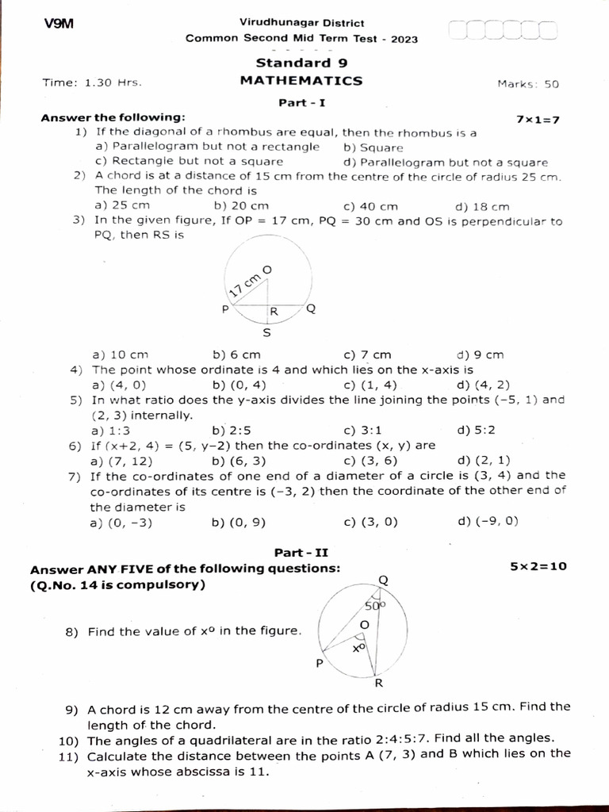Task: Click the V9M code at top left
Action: click(59, 24)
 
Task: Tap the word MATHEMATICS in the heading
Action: click(301, 80)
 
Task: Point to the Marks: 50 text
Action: click(528, 83)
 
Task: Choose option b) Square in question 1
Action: click(373, 147)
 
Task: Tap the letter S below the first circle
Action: click(266, 333)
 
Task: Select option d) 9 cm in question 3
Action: click(480, 354)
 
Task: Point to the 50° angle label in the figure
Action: click(374, 606)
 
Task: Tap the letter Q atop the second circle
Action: click(384, 580)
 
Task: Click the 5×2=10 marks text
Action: click(539, 567)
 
